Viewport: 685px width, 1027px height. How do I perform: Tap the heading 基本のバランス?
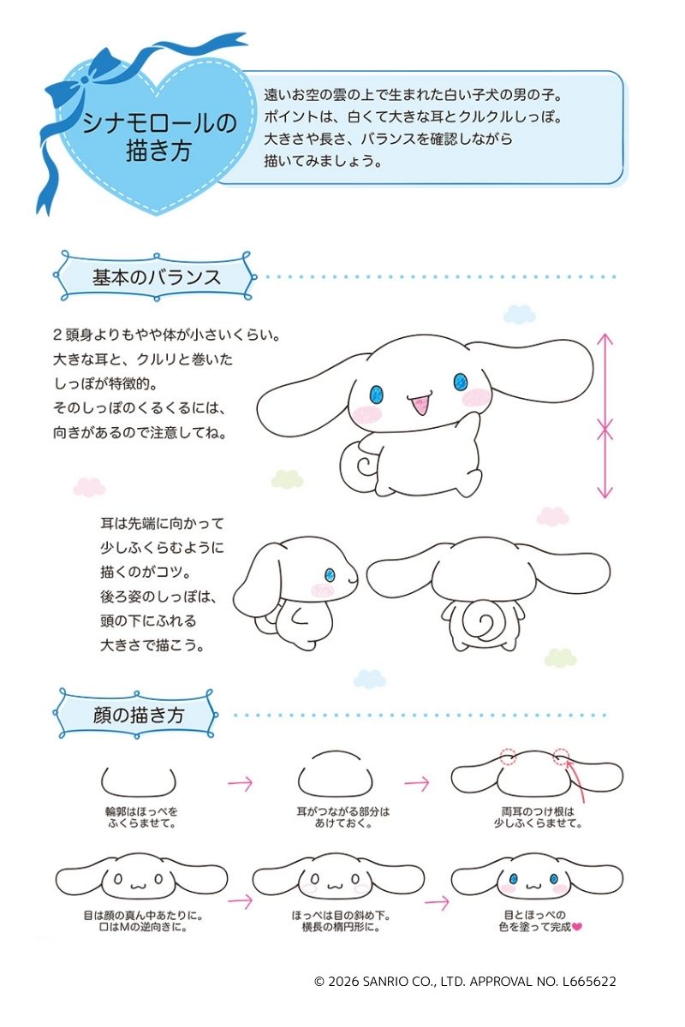click(157, 277)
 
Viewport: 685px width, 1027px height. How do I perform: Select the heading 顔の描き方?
click(138, 715)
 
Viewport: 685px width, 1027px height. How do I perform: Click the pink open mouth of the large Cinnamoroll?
click(420, 402)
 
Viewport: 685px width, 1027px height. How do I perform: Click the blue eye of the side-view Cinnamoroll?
click(330, 575)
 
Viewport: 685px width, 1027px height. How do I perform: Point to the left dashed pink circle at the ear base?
click(508, 757)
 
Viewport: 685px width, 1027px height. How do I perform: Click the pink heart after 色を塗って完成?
click(577, 927)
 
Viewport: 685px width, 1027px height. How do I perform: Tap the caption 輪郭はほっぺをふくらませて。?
click(142, 817)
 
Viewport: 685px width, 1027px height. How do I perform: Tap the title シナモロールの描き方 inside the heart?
click(159, 137)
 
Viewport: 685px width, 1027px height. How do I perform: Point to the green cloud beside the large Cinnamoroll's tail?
click(287, 478)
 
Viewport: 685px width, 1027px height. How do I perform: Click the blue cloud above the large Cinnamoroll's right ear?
click(520, 315)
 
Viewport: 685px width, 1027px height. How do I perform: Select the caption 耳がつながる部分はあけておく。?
click(342, 817)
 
